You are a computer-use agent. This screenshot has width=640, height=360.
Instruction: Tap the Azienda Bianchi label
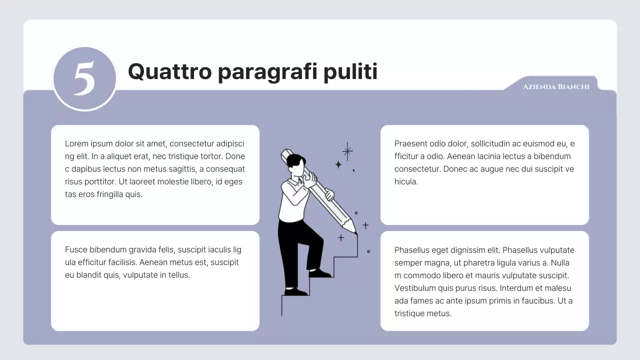[556, 87]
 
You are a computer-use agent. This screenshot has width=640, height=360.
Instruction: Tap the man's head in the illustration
[297, 164]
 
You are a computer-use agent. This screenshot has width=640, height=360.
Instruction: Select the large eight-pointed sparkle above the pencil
[347, 150]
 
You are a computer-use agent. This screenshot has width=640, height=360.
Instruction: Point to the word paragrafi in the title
[267, 72]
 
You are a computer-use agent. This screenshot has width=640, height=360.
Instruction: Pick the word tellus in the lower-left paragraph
[178, 275]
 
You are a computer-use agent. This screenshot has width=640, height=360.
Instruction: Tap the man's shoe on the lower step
[296, 291]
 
